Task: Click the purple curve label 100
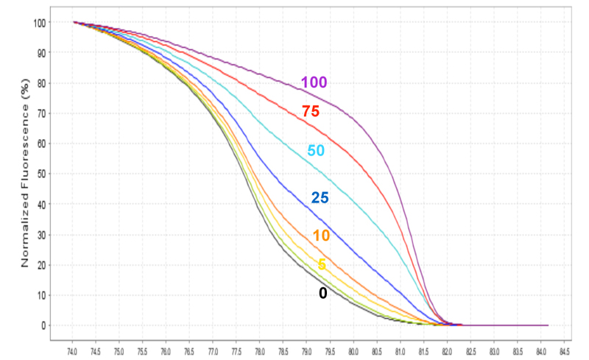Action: click(314, 82)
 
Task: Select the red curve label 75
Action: click(311, 112)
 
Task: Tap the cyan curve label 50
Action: click(316, 151)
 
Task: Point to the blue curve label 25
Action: click(320, 197)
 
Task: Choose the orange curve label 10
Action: click(321, 236)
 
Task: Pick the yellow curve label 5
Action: click(322, 265)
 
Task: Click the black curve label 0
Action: click(322, 293)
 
